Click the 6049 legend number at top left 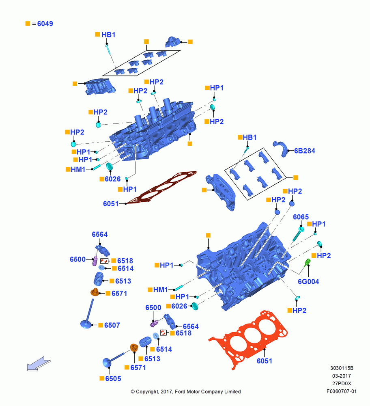point(45,24)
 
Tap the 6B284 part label point(305,151)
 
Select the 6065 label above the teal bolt point(301,217)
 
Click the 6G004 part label point(308,281)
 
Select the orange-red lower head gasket point(248,338)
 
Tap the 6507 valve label point(112,325)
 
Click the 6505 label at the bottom point(113,378)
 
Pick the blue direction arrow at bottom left point(39,363)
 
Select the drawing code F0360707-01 point(341,391)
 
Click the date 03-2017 point(341,376)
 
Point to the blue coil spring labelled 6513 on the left point(98,279)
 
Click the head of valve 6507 point(86,324)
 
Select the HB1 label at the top point(108,35)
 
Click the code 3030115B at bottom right point(342,368)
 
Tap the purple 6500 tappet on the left point(95,261)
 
